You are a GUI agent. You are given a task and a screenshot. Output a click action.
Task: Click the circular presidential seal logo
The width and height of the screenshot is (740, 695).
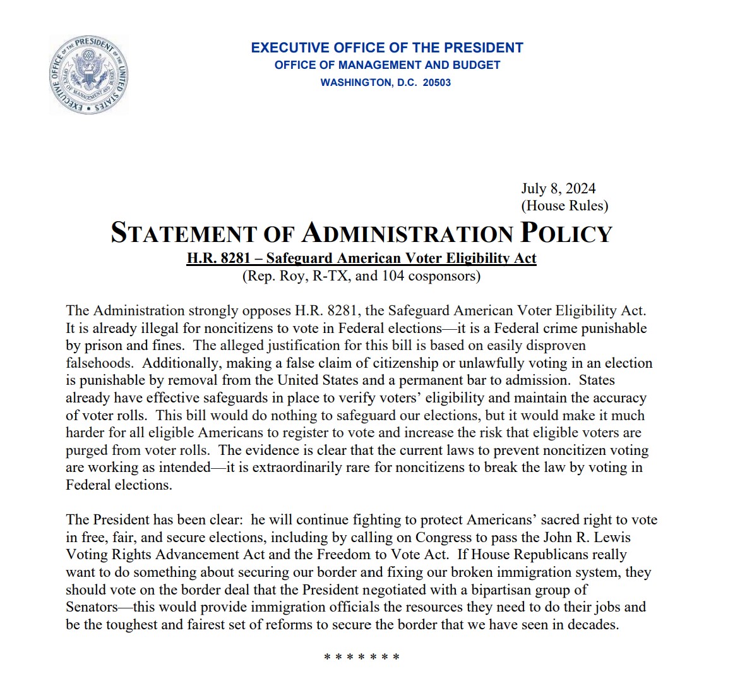(x=88, y=75)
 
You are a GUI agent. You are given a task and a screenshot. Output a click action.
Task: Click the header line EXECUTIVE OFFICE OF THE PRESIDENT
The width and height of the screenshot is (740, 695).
(x=387, y=48)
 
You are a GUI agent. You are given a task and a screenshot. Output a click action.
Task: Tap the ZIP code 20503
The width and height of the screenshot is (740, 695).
(x=436, y=83)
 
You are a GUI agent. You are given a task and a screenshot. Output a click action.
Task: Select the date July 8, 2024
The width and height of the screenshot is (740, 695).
(x=558, y=188)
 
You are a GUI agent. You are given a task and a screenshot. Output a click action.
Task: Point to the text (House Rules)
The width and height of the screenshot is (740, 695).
(x=564, y=205)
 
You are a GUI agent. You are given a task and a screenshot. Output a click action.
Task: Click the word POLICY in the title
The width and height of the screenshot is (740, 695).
(x=566, y=233)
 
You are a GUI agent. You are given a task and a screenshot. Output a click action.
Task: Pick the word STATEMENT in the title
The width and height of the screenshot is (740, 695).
(x=183, y=233)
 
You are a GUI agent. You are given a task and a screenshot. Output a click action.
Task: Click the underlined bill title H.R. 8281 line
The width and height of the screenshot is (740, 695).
(x=361, y=258)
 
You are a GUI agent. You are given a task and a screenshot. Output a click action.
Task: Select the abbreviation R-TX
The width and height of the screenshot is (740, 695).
(x=331, y=275)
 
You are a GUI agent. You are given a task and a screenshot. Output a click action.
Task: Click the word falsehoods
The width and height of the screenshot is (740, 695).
(x=99, y=363)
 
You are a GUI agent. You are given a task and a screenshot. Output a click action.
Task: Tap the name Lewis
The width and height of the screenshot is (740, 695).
(x=612, y=537)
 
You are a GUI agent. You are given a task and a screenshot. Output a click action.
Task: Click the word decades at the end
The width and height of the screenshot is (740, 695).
(x=593, y=624)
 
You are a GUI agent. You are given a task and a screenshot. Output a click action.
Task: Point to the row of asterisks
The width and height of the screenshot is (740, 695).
(x=362, y=657)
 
